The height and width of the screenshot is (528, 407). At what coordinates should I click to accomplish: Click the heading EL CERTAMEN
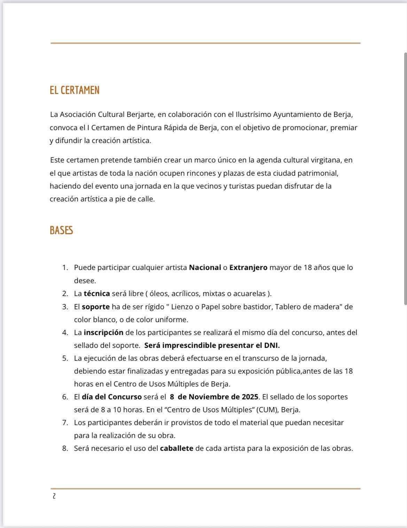click(x=75, y=90)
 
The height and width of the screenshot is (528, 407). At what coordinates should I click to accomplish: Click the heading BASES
click(x=61, y=231)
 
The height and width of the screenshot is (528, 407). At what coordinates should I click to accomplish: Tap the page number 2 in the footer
click(x=54, y=496)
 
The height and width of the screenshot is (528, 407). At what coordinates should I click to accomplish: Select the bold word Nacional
click(x=205, y=267)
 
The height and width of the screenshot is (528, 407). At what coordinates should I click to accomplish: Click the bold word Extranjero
click(x=248, y=267)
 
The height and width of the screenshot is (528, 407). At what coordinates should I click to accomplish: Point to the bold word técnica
click(x=97, y=294)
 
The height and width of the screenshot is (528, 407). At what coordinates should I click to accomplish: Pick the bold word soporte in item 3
click(x=96, y=307)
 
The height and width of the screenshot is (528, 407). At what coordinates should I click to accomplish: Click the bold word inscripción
click(x=103, y=333)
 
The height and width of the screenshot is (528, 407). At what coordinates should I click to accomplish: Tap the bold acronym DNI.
click(x=272, y=345)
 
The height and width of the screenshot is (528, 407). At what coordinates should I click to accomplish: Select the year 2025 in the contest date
click(x=250, y=397)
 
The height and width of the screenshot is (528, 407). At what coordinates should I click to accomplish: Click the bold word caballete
click(x=177, y=448)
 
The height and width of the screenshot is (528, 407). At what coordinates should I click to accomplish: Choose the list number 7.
click(x=65, y=423)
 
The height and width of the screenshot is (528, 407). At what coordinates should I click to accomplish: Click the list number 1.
click(x=65, y=267)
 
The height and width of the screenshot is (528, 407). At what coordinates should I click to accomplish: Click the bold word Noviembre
click(x=209, y=397)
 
